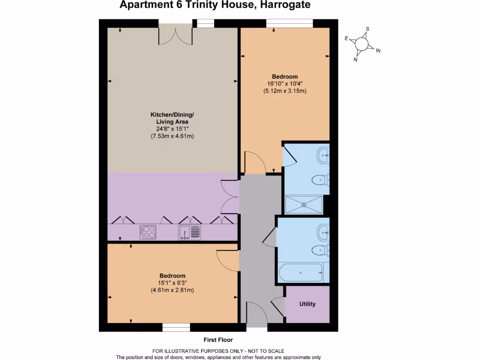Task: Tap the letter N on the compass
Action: click(x=355, y=60)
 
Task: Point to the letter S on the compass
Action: click(x=367, y=29)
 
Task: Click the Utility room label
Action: click(x=307, y=304)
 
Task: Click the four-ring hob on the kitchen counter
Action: click(x=149, y=232)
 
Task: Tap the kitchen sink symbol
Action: click(x=189, y=232)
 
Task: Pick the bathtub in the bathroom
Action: click(x=300, y=272)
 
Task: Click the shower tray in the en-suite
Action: click(x=304, y=204)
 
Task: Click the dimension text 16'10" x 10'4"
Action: click(x=285, y=84)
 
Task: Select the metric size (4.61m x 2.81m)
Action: click(x=172, y=290)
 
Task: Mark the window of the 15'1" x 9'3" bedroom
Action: click(x=176, y=327)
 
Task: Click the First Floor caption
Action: click(x=218, y=340)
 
